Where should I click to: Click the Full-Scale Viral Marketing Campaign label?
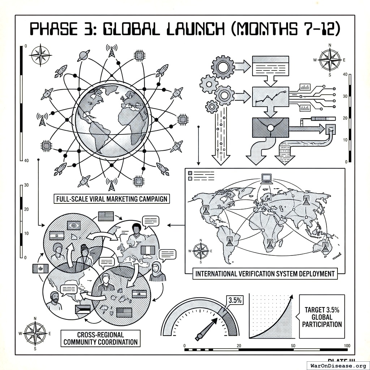(112, 199)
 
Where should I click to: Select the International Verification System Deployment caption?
(265, 274)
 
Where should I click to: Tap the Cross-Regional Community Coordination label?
(100, 338)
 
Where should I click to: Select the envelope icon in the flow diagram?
(270, 128)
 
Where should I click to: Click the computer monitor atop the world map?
(267, 178)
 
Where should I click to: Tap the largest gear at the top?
(223, 66)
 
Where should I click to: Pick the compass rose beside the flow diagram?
(330, 60)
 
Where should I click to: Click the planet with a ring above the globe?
(84, 56)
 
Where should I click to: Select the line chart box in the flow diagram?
(271, 96)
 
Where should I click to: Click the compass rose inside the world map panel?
(201, 251)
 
